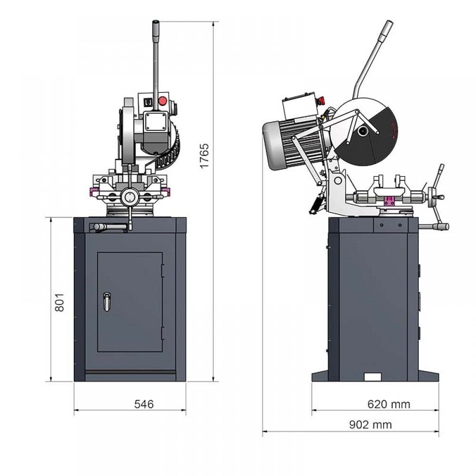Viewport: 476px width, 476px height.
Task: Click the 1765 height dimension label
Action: tap(204, 156)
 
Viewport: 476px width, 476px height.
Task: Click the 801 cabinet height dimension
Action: tap(59, 302)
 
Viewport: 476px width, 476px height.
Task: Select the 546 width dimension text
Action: tap(144, 404)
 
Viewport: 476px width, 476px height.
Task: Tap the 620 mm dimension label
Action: tap(388, 404)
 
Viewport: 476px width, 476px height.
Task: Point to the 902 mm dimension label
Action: tap(370, 425)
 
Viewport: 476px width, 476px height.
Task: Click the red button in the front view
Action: tap(163, 101)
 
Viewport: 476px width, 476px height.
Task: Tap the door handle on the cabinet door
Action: tap(107, 301)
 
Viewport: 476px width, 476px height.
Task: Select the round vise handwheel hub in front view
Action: tap(129, 198)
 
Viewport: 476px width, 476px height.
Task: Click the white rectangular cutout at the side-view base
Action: tap(373, 377)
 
